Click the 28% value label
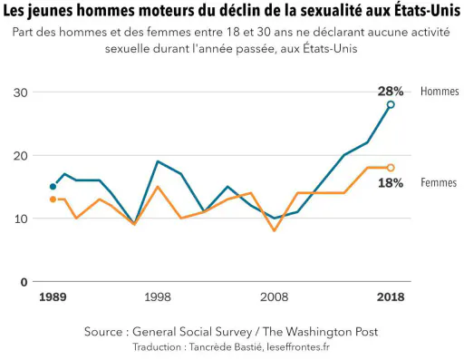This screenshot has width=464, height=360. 391,92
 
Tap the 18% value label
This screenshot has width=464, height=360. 391,183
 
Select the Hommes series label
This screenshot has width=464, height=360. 440,92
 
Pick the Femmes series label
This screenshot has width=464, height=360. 439,182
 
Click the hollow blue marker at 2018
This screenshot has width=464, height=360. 391,104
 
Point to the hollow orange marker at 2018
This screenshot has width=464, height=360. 391,168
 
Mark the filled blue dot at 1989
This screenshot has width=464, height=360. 53,187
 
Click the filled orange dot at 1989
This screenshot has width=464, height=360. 53,199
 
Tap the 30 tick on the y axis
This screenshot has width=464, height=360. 21,92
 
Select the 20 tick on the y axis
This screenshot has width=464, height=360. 21,156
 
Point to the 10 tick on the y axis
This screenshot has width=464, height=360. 21,219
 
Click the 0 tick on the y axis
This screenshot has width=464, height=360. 24,282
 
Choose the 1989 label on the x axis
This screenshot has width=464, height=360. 53,297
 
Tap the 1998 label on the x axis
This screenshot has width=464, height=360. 158,297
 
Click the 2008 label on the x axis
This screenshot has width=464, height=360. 275,297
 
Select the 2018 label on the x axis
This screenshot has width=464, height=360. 391,297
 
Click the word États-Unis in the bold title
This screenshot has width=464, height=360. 427,11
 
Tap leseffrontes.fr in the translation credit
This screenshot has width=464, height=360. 298,346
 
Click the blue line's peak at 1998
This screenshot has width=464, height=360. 158,161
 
